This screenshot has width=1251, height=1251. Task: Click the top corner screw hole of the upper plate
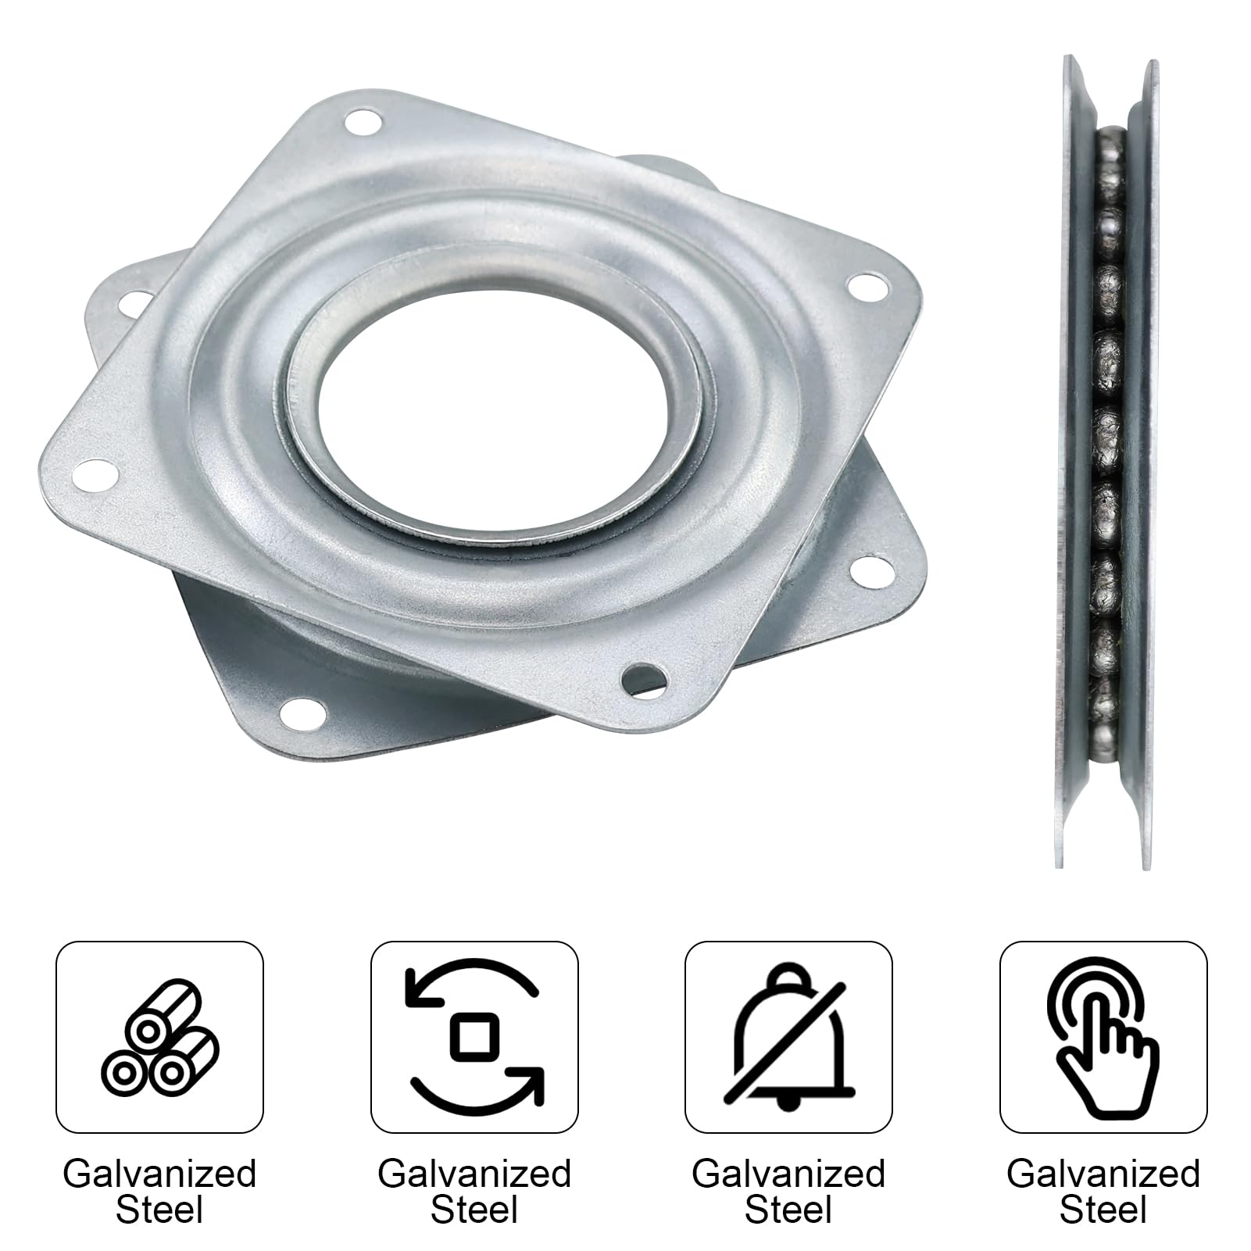363,121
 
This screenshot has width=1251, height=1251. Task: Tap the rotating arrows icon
474,1036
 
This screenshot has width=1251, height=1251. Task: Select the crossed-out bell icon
788,1035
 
